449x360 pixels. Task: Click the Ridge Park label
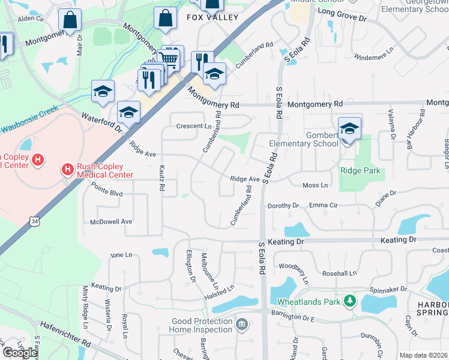pos(360,170)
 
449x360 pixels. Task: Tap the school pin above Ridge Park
pos(349,128)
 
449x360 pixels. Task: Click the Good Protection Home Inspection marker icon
pos(241,325)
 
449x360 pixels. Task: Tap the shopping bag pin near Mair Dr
pos(70,20)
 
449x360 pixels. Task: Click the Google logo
pos(19,352)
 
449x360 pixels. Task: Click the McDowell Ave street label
pos(110,221)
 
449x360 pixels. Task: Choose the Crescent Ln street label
pos(193,126)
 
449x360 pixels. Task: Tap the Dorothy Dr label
pos(283,205)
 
